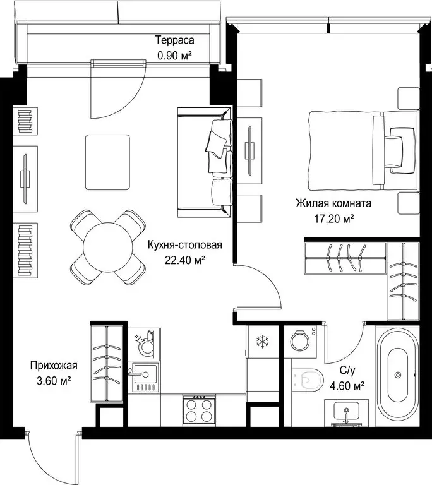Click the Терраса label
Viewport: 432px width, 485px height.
tap(174, 40)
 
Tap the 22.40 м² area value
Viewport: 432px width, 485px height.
tap(185, 260)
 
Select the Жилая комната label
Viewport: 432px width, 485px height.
tap(333, 203)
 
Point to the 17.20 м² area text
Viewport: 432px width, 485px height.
tap(334, 219)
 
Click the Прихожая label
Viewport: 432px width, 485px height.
tap(54, 366)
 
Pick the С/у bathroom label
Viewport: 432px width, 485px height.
tap(347, 370)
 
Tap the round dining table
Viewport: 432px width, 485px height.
tap(108, 247)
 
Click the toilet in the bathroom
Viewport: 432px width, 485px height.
tap(308, 379)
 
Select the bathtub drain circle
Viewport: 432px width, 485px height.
tap(398, 375)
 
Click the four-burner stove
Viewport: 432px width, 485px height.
tap(199, 410)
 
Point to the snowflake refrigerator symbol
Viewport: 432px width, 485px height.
tap(262, 342)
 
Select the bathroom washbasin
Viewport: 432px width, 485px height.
tap(346, 413)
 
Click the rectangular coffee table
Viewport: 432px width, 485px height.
tap(108, 162)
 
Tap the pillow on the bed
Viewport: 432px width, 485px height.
tap(402, 151)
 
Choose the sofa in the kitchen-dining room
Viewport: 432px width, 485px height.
tap(205, 162)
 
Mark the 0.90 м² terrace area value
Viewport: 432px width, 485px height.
tap(174, 56)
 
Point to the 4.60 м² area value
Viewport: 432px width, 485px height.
tap(347, 386)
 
